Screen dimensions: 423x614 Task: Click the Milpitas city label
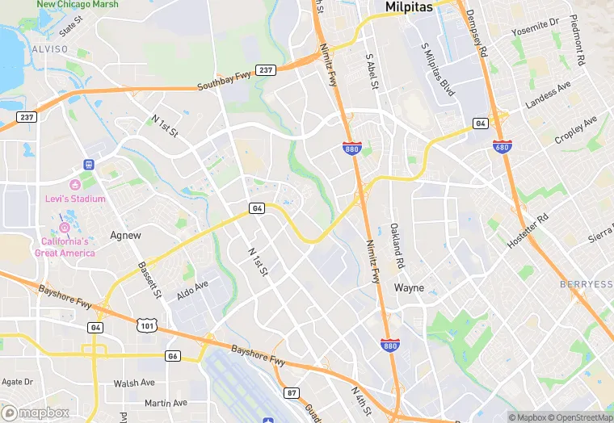pyautogui.click(x=409, y=6)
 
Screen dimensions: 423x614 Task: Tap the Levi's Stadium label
pyautogui.click(x=77, y=199)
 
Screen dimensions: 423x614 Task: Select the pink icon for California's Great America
pyautogui.click(x=65, y=227)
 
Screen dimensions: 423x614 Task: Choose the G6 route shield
pyautogui.click(x=172, y=355)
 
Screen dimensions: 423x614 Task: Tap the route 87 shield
pyautogui.click(x=292, y=392)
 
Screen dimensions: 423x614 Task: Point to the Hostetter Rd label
pyautogui.click(x=529, y=229)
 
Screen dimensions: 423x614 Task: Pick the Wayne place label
pyautogui.click(x=409, y=287)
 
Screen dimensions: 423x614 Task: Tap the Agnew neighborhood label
pyautogui.click(x=125, y=236)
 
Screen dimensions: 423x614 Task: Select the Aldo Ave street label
pyautogui.click(x=192, y=290)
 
